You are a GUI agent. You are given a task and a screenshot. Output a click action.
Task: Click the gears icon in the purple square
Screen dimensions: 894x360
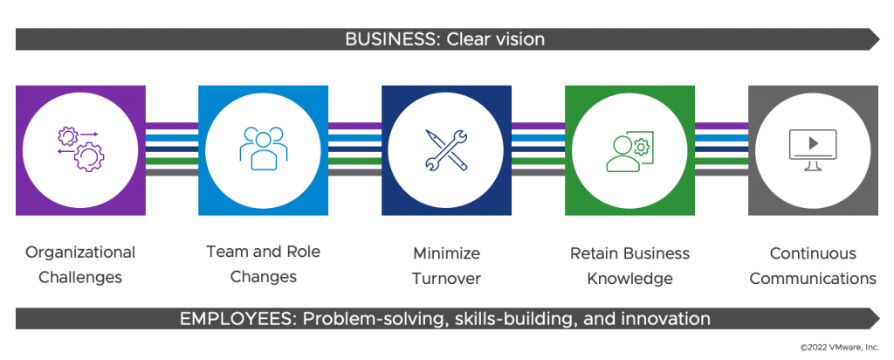pos(80,150)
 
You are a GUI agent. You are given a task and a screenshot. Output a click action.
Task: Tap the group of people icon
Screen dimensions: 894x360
pos(264,148)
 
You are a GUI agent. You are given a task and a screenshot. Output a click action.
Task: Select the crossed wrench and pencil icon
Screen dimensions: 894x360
pos(446,149)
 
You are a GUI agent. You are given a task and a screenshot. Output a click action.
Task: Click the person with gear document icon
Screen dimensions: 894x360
pos(629,150)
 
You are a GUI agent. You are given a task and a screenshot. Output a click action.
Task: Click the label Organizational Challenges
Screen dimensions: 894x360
pos(80,265)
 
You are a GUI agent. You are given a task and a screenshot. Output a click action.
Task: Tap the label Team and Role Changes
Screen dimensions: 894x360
pos(264,264)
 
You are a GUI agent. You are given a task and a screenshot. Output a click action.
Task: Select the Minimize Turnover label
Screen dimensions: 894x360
pos(446,266)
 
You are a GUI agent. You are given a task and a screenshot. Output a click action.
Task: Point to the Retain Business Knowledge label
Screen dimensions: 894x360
pos(629,266)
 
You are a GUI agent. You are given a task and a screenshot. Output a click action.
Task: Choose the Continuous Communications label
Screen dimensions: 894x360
pos(813,266)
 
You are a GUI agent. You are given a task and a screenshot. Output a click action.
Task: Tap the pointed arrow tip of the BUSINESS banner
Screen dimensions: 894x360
pos(880,39)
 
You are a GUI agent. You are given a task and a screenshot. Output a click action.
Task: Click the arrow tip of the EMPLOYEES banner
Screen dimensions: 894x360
pos(880,318)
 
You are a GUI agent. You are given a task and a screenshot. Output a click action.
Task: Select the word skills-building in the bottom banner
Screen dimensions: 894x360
pos(515,319)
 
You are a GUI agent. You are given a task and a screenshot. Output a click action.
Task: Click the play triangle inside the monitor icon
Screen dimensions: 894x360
pos(814,143)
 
